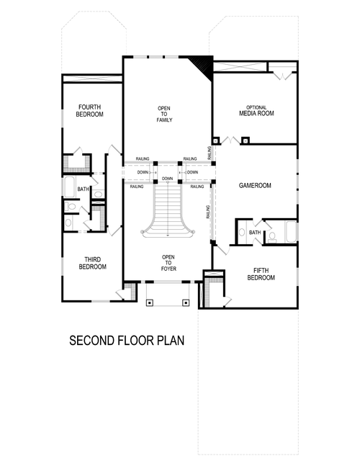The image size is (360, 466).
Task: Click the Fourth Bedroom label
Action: coord(91,111)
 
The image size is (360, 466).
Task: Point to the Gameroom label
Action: coord(254,185)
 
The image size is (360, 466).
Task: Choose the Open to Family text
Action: coord(164,114)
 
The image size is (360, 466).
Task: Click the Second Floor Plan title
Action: coord(127,340)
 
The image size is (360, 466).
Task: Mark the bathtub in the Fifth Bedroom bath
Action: coord(290,231)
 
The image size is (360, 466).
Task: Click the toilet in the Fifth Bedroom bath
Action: coord(272,235)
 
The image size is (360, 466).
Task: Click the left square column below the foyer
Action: coord(149,303)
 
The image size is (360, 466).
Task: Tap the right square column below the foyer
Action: coord(185,303)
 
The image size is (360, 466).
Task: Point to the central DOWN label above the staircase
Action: coord(167,178)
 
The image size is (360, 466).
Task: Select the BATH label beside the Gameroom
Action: coord(255,233)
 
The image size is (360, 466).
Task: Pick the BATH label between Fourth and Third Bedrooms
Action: coord(84,189)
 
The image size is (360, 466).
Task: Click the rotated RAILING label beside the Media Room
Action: coord(209,152)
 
